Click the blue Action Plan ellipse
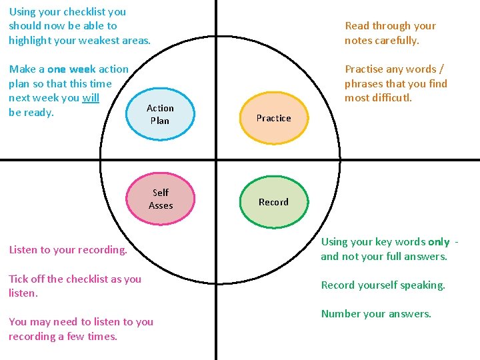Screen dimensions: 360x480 [x=160, y=115]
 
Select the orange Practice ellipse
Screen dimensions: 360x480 [x=274, y=118]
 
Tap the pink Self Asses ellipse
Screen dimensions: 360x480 [x=161, y=199]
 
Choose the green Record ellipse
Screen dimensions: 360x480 [x=273, y=202]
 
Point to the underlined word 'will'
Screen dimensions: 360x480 [x=91, y=98]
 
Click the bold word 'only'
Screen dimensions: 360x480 [x=439, y=242]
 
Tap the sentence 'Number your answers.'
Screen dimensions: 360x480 [x=376, y=313]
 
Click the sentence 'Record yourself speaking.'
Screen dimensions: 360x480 [x=383, y=285]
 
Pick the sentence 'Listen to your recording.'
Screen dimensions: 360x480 [x=67, y=250]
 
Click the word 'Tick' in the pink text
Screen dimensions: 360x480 [x=19, y=279]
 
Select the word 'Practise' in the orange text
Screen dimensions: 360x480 [x=365, y=69]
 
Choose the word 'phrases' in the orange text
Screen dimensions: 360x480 [x=363, y=83]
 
